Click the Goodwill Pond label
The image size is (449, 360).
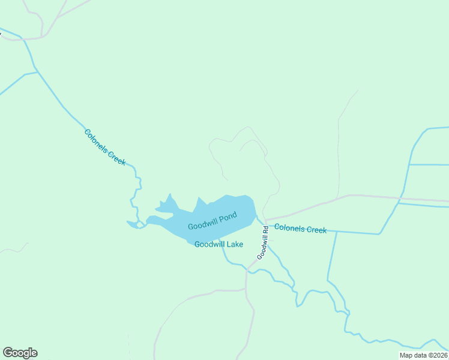[x=212, y=221]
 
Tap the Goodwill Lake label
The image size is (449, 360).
[x=218, y=244]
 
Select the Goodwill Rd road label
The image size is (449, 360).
[x=262, y=242]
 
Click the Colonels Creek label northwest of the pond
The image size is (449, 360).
[x=105, y=147]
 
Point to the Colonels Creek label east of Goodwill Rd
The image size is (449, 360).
[x=300, y=229]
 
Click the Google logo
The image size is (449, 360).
[x=20, y=353]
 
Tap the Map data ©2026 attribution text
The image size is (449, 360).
[x=424, y=355]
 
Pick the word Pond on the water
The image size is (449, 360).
[x=228, y=217]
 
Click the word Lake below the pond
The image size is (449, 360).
[x=235, y=244]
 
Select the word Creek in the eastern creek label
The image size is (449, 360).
[x=316, y=230]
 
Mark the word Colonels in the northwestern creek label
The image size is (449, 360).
[x=96, y=140]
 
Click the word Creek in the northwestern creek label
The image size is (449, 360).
[x=117, y=157]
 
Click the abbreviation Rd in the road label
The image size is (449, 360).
[x=264, y=230]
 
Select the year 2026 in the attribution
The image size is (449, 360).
[x=439, y=355]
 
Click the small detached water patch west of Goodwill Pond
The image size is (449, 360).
[x=132, y=224]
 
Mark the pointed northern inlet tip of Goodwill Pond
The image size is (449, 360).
[x=170, y=194]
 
